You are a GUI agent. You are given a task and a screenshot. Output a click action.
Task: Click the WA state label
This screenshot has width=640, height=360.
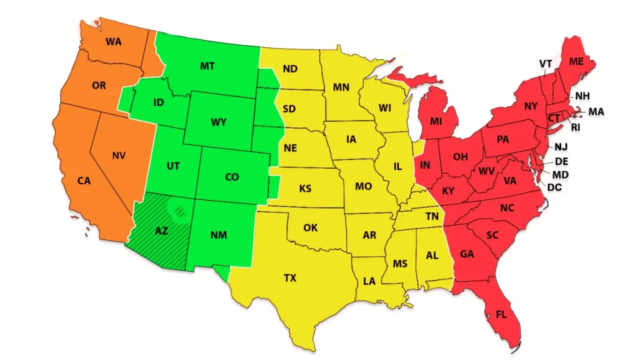point(113,42)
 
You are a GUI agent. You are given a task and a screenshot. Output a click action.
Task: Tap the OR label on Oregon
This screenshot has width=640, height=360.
point(99,86)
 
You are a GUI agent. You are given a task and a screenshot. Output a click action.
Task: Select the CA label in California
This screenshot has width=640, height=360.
point(84,181)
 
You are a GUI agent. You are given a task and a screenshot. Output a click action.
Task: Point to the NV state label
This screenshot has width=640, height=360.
point(119,155)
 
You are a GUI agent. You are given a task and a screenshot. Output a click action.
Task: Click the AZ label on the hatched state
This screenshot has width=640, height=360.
point(161,231)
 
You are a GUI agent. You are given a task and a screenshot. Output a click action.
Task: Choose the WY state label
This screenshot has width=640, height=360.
point(218,122)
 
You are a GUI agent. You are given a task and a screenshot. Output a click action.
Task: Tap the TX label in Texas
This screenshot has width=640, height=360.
point(290,278)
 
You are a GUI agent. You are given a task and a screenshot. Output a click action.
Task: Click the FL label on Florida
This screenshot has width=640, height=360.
point(501,314)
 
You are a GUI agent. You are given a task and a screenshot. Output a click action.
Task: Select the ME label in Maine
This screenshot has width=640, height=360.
point(576,61)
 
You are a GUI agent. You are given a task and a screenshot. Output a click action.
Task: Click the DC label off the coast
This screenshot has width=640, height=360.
point(554,186)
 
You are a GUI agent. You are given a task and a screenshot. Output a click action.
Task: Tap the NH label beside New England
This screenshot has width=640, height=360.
point(582,96)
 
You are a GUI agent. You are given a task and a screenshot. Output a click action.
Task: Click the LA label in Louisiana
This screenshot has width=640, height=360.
point(369,281)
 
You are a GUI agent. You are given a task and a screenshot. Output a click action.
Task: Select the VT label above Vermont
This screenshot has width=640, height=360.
point(545,64)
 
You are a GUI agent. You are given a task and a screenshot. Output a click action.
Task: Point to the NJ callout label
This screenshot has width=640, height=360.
point(561,147)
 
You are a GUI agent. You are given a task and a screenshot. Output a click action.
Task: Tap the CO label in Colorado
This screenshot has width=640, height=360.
point(232,177)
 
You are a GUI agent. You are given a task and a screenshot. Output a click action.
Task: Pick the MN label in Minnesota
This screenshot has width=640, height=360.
point(341,87)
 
